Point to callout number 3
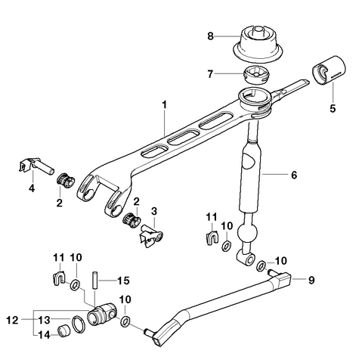click(x=153, y=210)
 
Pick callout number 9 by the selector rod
click(x=310, y=279)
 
